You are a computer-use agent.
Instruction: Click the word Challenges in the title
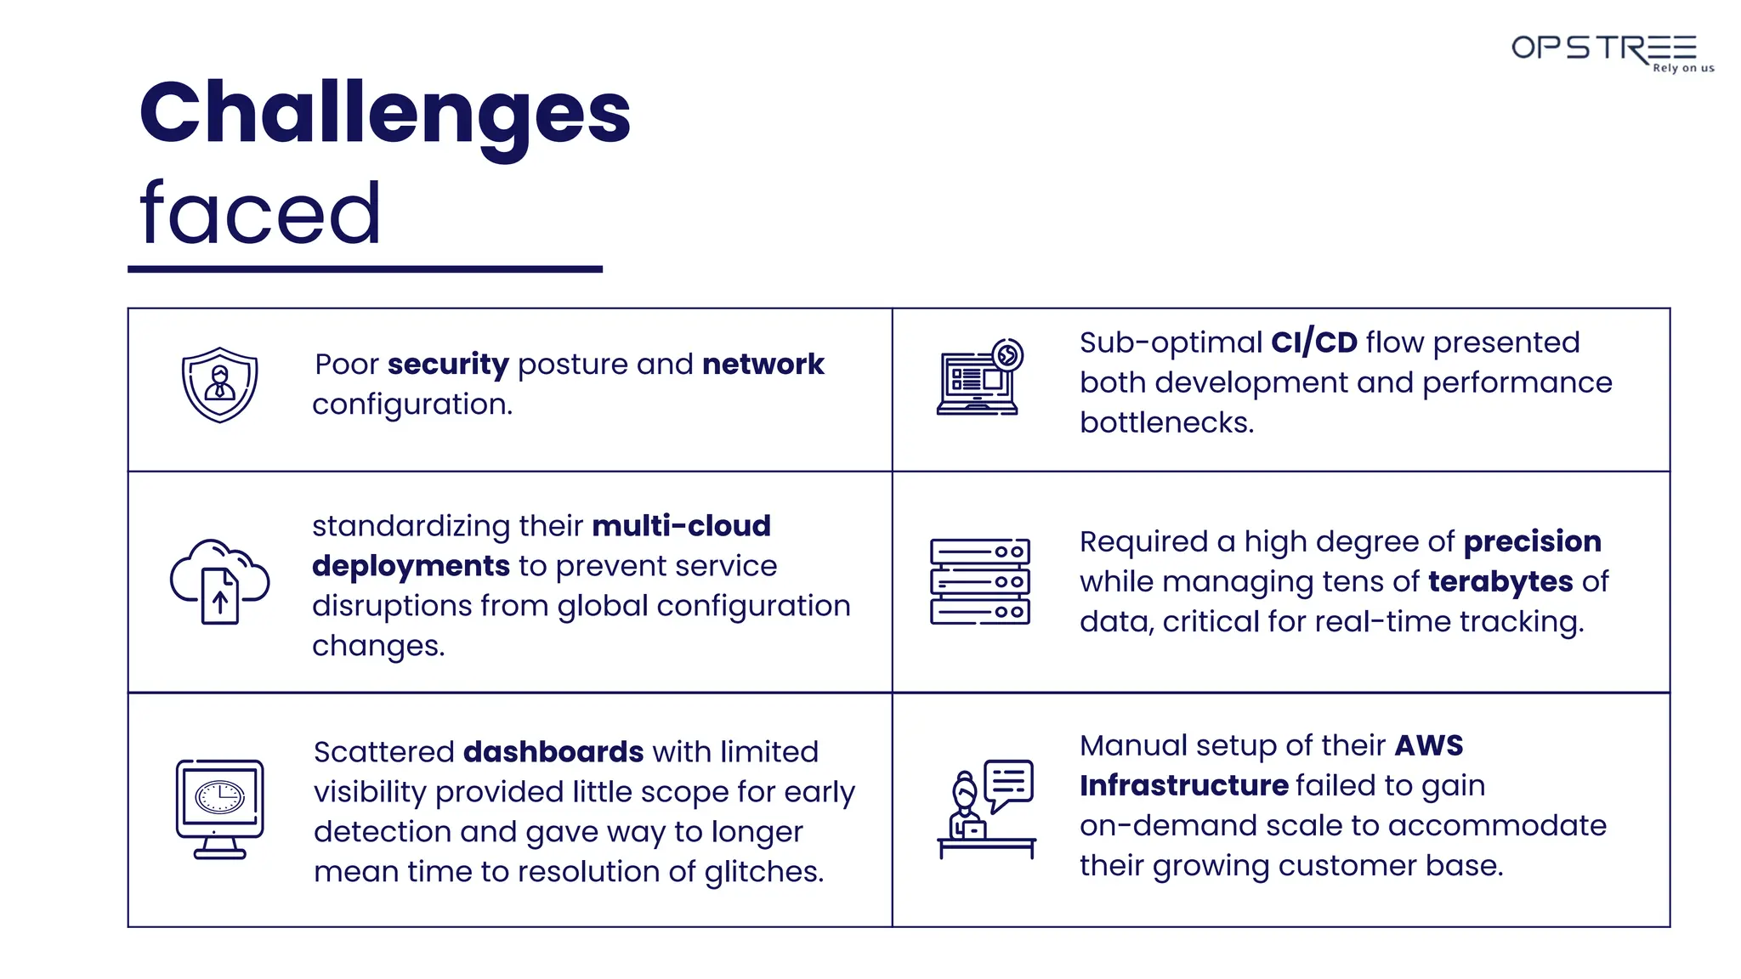(384, 114)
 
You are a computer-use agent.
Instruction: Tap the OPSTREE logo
(1610, 52)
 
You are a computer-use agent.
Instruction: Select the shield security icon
(219, 385)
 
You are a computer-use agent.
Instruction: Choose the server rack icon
(979, 582)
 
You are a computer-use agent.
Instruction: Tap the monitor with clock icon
(219, 808)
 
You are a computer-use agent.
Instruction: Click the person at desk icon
(986, 809)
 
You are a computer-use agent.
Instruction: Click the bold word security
(448, 364)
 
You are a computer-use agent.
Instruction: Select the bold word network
(763, 364)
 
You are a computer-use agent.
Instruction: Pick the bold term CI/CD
(1313, 342)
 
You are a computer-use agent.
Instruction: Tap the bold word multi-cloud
(681, 525)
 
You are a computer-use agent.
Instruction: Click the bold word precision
(1532, 541)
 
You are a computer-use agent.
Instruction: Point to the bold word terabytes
(1500, 581)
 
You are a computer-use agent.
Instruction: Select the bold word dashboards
(553, 752)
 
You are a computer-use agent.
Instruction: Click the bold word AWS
(1428, 745)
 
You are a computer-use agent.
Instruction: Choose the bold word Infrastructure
(1183, 785)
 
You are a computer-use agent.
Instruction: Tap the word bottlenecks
(1166, 422)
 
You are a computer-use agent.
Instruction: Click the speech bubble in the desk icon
(1009, 782)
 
